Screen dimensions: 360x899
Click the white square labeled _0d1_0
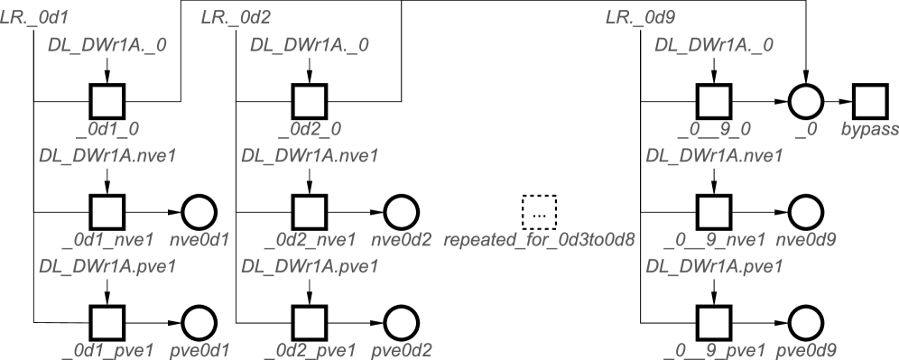coord(107,103)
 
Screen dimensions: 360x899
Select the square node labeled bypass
coord(870,103)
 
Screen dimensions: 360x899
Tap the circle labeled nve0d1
coord(199,213)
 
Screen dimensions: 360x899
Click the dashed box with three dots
coord(539,213)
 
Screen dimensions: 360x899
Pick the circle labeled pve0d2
coord(401,323)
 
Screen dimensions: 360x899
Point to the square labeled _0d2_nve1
coord(310,213)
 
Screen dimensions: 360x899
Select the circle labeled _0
coord(805,103)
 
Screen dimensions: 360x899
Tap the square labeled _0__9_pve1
coord(714,323)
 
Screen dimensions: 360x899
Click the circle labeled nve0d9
coord(805,213)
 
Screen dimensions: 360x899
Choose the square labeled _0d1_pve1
coord(107,323)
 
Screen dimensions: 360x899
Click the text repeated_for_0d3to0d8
coord(539,241)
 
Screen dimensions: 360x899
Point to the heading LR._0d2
coord(236,17)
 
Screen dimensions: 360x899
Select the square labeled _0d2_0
coord(310,103)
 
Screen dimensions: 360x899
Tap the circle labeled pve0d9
coord(805,323)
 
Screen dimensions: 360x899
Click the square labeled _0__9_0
coord(714,103)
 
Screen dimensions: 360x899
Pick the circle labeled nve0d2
coord(401,213)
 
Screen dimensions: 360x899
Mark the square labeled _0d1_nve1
coord(107,213)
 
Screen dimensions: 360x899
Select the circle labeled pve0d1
coord(199,323)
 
